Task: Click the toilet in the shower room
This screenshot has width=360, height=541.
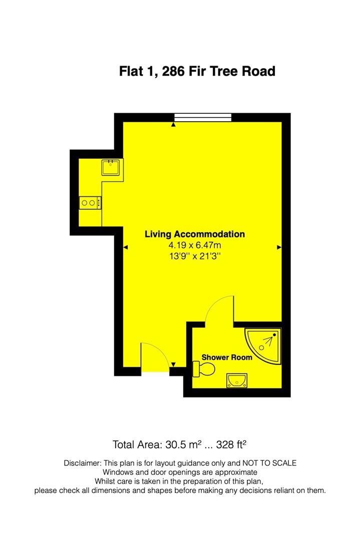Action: (204, 370)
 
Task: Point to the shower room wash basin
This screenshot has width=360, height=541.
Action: (235, 381)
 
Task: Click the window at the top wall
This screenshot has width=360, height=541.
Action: (203, 118)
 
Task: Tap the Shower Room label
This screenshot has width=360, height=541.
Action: (227, 358)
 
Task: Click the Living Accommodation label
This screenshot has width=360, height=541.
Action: (195, 234)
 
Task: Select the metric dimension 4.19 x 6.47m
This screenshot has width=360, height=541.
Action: (195, 245)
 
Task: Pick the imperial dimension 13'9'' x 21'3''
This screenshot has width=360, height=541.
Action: (195, 256)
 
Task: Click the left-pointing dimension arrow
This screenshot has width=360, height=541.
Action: (125, 247)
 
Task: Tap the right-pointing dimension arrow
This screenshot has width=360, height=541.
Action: (279, 247)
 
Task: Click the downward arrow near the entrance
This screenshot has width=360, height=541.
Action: (173, 364)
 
